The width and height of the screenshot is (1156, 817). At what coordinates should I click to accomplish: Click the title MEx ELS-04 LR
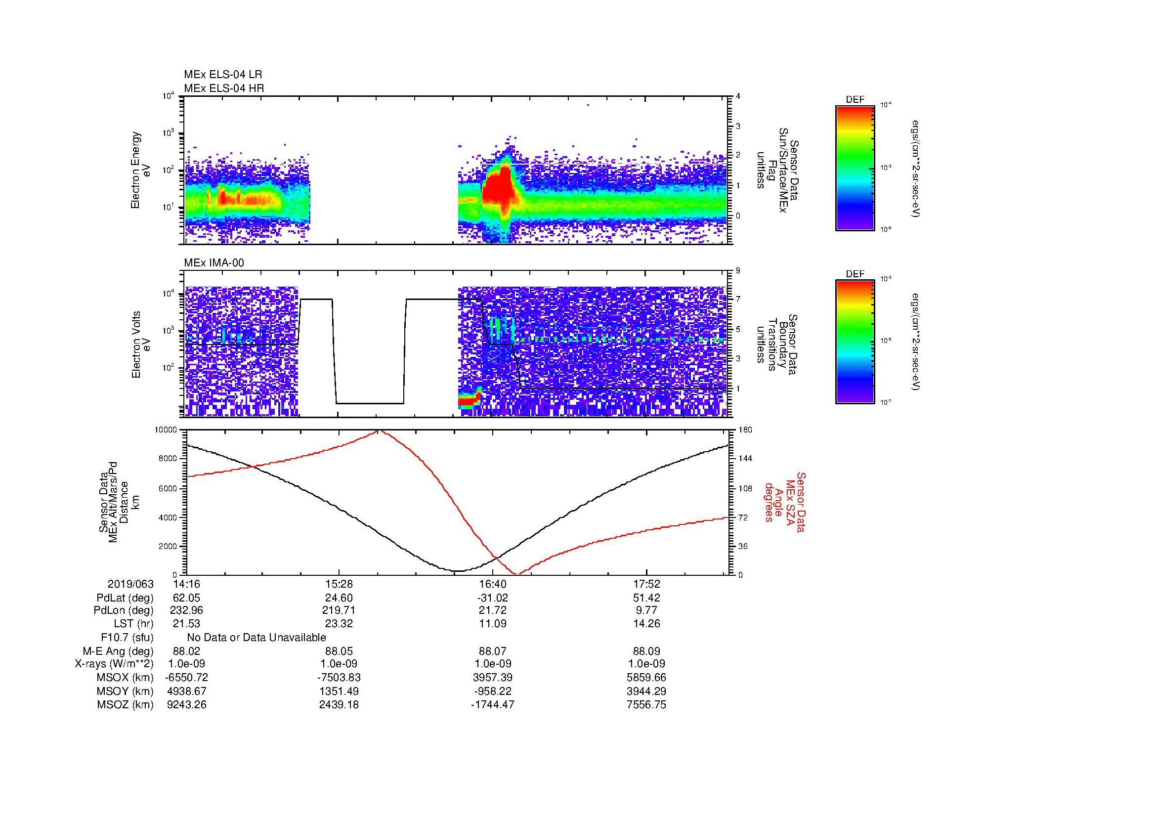pyautogui.click(x=222, y=75)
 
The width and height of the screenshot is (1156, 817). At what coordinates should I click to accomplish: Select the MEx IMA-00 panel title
pyautogui.click(x=214, y=263)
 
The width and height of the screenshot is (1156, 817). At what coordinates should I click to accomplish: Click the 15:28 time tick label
pyautogui.click(x=340, y=584)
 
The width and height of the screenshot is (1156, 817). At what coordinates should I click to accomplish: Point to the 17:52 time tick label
pyautogui.click(x=646, y=584)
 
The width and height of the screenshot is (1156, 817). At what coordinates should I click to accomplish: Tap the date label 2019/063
pyautogui.click(x=130, y=584)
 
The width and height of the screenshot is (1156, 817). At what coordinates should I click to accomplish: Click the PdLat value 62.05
pyautogui.click(x=186, y=598)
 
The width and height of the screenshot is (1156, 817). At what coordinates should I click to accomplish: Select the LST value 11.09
pyautogui.click(x=492, y=623)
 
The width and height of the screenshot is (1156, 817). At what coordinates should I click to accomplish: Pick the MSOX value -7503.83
pyautogui.click(x=340, y=678)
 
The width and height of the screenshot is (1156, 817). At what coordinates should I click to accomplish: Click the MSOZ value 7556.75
pyautogui.click(x=646, y=705)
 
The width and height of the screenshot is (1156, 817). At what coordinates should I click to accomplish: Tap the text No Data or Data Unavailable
pyautogui.click(x=257, y=638)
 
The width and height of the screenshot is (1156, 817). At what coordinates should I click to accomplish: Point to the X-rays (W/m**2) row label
pyautogui.click(x=114, y=664)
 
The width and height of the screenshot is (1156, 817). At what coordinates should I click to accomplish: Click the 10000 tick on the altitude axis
pyautogui.click(x=166, y=430)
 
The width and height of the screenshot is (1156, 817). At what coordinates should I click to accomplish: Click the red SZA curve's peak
pyautogui.click(x=378, y=431)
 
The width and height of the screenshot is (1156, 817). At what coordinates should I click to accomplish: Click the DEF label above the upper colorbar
pyautogui.click(x=855, y=100)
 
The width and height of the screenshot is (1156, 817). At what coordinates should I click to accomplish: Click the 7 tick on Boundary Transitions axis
pyautogui.click(x=737, y=300)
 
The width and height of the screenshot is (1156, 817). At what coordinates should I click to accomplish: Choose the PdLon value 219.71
pyautogui.click(x=340, y=610)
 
